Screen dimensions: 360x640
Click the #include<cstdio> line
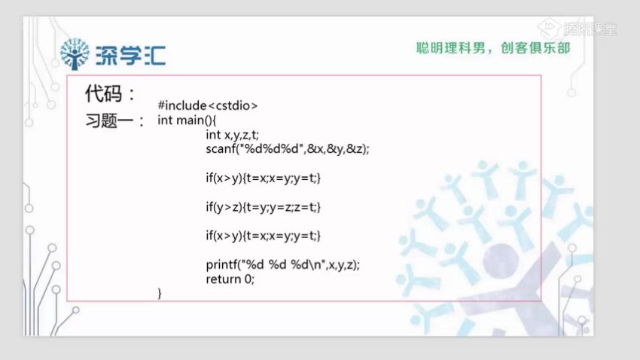coord(208,106)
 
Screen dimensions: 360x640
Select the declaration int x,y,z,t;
coord(232,135)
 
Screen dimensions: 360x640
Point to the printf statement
coord(282,264)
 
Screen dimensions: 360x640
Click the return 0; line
coord(230,278)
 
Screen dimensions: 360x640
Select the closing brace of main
coord(160,292)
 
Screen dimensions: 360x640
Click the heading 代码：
coord(110,94)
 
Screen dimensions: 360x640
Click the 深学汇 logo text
coord(131,53)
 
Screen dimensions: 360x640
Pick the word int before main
coord(165,121)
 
